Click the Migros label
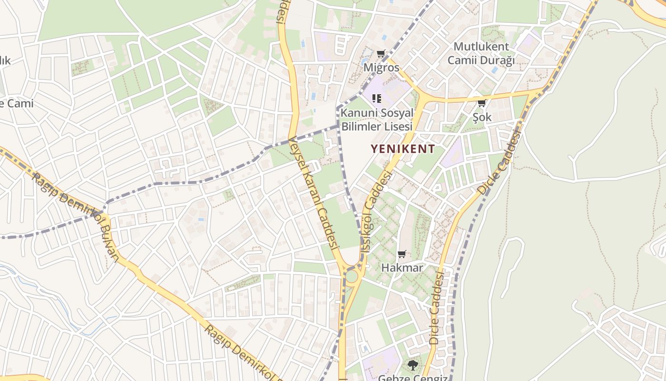(382, 67)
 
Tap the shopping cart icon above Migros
(381, 54)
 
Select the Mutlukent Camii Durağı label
(481, 53)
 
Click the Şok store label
(482, 117)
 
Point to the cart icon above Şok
(481, 103)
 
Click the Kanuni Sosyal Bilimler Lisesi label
(376, 120)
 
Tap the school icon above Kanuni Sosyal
(377, 99)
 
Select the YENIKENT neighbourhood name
(402, 149)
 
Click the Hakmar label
(402, 268)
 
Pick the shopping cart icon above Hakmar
(402, 254)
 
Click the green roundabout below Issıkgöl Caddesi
(352, 276)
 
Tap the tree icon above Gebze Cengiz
(412, 365)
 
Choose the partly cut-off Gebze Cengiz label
(412, 377)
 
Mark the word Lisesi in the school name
(392, 127)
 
